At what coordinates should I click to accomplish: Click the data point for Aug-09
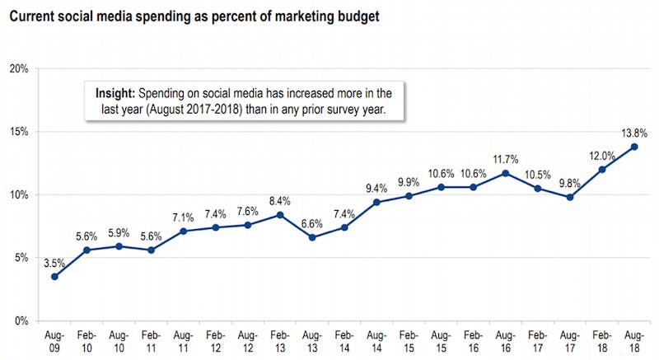pos(54,276)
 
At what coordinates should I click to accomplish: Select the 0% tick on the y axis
pos(21,320)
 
